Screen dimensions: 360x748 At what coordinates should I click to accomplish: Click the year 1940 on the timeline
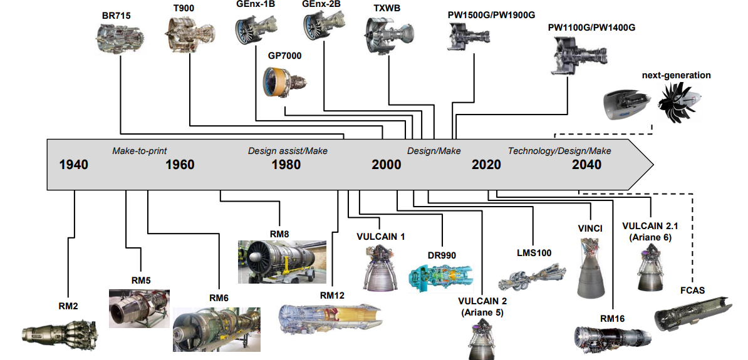click(73, 165)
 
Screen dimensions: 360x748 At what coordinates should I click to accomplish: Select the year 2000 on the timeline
click(386, 165)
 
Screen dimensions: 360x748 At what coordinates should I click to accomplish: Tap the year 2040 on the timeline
click(586, 165)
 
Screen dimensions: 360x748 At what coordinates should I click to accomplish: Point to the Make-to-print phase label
click(140, 151)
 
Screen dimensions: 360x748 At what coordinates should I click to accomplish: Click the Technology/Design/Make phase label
click(559, 151)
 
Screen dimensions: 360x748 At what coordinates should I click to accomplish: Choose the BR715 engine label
click(116, 15)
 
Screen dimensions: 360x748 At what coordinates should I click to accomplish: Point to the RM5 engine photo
click(139, 308)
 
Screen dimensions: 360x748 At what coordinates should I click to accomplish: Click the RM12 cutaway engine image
click(331, 322)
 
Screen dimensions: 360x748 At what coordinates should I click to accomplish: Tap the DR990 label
click(442, 255)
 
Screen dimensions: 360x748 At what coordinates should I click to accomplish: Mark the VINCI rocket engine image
click(591, 267)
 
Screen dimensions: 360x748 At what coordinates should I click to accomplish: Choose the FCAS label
click(693, 291)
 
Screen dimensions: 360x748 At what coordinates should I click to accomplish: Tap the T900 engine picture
click(184, 34)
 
